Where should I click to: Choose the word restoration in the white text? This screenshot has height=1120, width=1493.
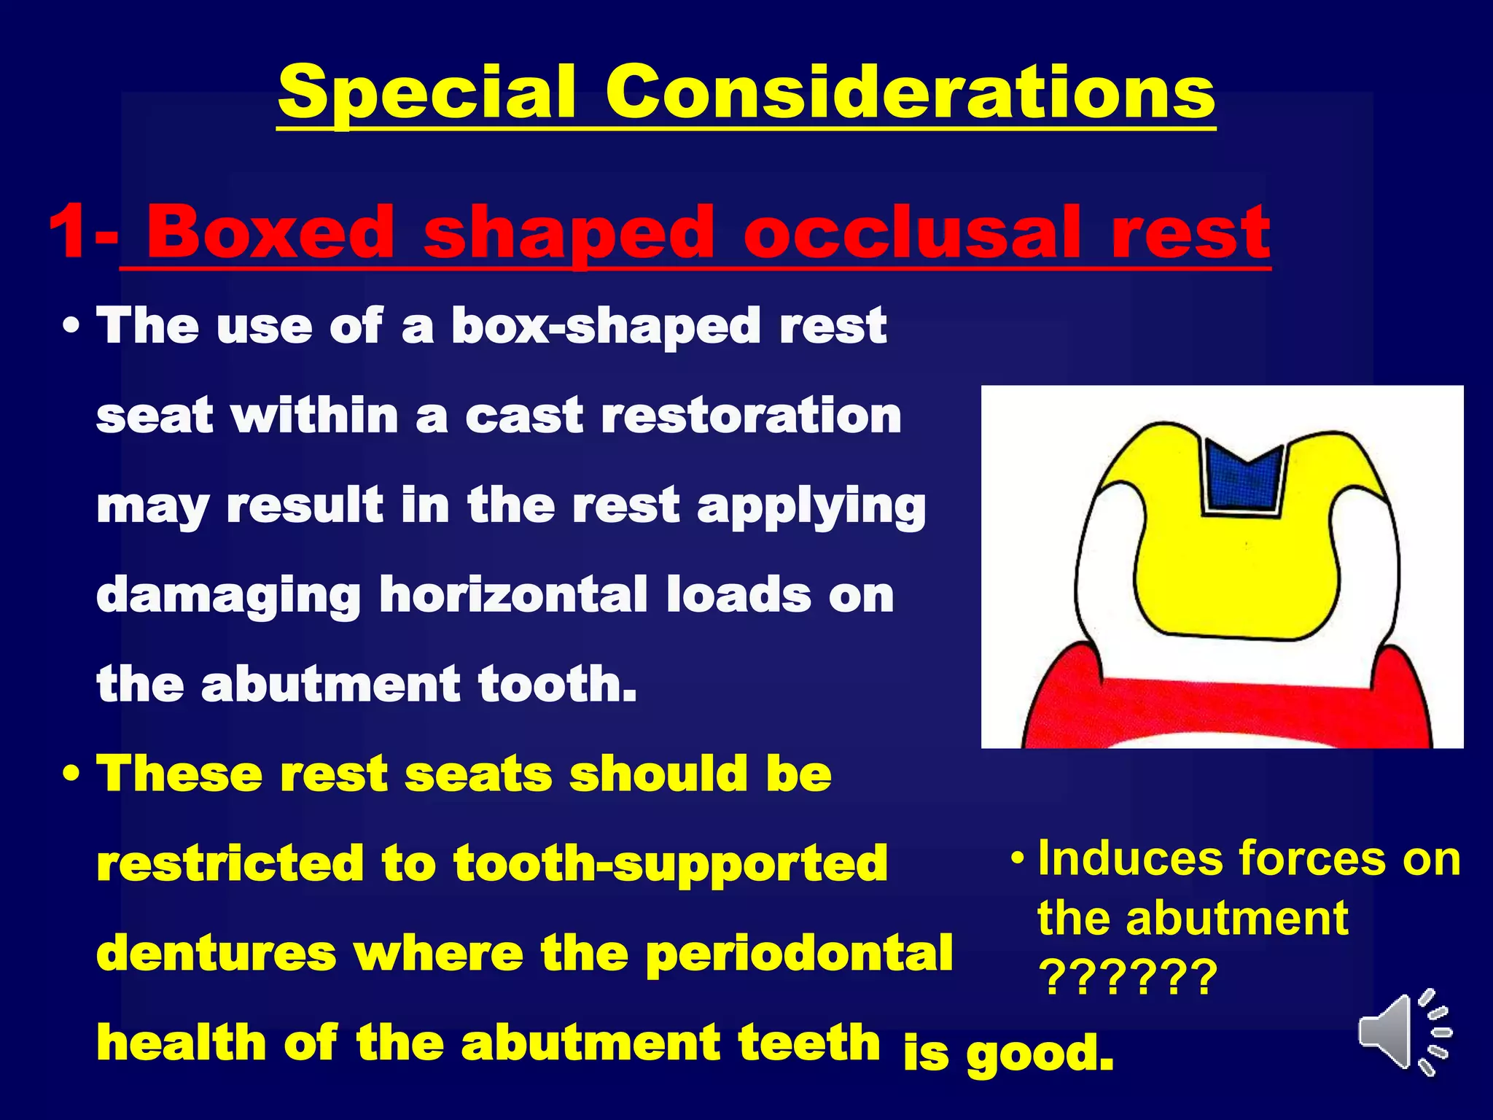click(x=751, y=416)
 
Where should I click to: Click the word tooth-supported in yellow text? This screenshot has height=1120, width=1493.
click(x=670, y=865)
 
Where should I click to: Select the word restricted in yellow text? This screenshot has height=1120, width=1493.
click(x=230, y=863)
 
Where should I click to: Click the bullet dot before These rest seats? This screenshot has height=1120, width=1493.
click(x=71, y=775)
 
